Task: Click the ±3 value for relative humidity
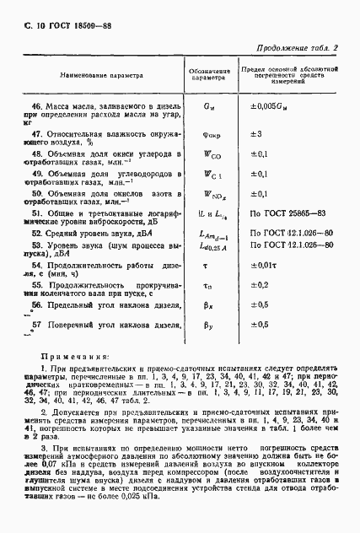tap(258, 133)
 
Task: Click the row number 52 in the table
tap(37, 230)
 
